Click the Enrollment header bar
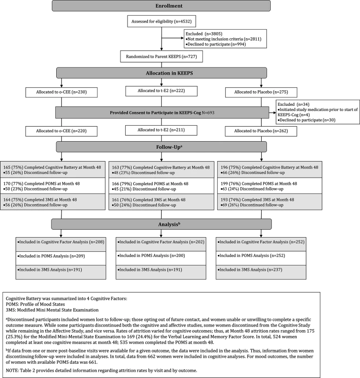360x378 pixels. [x=161, y=6]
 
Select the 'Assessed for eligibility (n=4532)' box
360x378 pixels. [x=162, y=21]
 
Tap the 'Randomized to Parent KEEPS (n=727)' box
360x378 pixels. [x=162, y=56]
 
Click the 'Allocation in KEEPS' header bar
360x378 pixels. [x=162, y=73]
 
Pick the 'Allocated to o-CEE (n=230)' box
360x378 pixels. [x=61, y=92]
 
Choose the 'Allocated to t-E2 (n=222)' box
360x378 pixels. [x=161, y=91]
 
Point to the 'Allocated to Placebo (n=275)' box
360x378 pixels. [x=261, y=92]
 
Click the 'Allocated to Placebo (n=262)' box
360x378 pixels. [x=261, y=131]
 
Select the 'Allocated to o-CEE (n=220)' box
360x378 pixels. [x=61, y=131]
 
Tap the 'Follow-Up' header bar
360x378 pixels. [x=162, y=147]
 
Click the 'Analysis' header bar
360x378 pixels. [x=162, y=224]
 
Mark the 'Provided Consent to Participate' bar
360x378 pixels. [x=162, y=112]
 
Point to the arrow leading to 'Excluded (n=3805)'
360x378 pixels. [x=172, y=38]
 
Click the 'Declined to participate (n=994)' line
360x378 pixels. [x=215, y=44]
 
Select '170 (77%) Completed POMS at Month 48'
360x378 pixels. [x=42, y=184]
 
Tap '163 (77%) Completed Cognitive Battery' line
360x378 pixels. [x=161, y=168]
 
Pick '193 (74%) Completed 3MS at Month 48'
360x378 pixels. [x=257, y=200]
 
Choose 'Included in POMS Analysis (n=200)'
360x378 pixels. [x=151, y=256]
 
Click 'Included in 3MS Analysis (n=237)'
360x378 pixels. [x=250, y=270]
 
